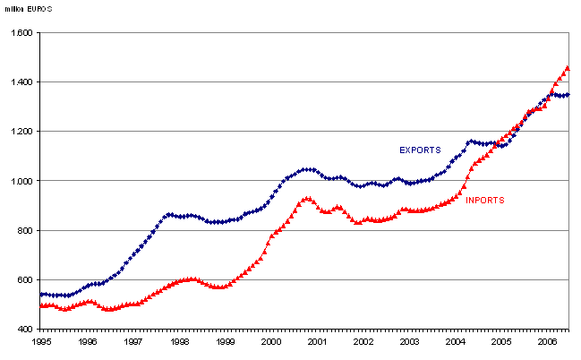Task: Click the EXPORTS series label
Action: [420, 150]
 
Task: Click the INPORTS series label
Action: [484, 201]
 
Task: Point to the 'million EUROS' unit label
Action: [27, 7]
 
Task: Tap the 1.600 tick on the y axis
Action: [21, 33]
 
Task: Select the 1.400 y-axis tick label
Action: [21, 82]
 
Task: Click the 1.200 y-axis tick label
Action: [21, 132]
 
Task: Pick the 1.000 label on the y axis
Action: [21, 181]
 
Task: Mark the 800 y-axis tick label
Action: [25, 231]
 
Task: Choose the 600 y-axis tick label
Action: [25, 280]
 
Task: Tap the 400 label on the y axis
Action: [25, 330]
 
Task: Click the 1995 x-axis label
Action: [41, 342]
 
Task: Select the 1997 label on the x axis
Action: [133, 342]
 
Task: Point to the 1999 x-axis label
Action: [226, 342]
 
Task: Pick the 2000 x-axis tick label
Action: [271, 342]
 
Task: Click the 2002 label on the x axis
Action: [363, 342]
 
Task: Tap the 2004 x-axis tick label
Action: [456, 342]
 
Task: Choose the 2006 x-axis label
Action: [548, 342]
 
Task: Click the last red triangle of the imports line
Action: [568, 68]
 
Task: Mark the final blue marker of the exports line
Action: [568, 94]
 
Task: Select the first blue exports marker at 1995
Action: [41, 294]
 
